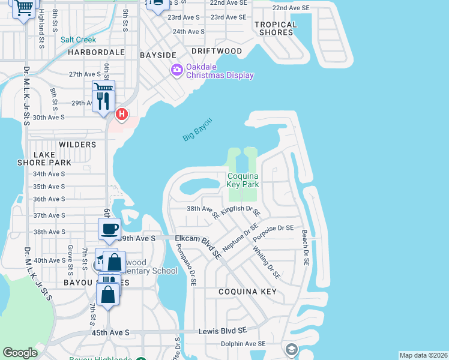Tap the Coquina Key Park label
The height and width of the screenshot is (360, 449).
[x=243, y=180]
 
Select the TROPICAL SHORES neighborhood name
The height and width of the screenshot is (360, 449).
[x=276, y=28]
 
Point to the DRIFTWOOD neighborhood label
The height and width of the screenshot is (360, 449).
[x=217, y=52]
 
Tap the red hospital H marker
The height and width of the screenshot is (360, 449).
[x=122, y=113]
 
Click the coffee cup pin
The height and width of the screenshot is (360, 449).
[x=110, y=229]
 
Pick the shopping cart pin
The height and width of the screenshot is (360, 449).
[x=23, y=8]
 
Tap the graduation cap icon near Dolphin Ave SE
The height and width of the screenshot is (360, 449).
[x=292, y=350]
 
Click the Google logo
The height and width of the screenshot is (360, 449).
[x=20, y=353]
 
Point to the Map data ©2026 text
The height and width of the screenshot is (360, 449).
[x=423, y=355]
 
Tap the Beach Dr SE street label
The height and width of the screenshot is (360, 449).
[x=305, y=248]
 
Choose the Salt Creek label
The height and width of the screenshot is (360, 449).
[x=78, y=40]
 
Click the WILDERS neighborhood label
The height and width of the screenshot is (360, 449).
[x=77, y=145]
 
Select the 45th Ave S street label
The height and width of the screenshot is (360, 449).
[x=110, y=332]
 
